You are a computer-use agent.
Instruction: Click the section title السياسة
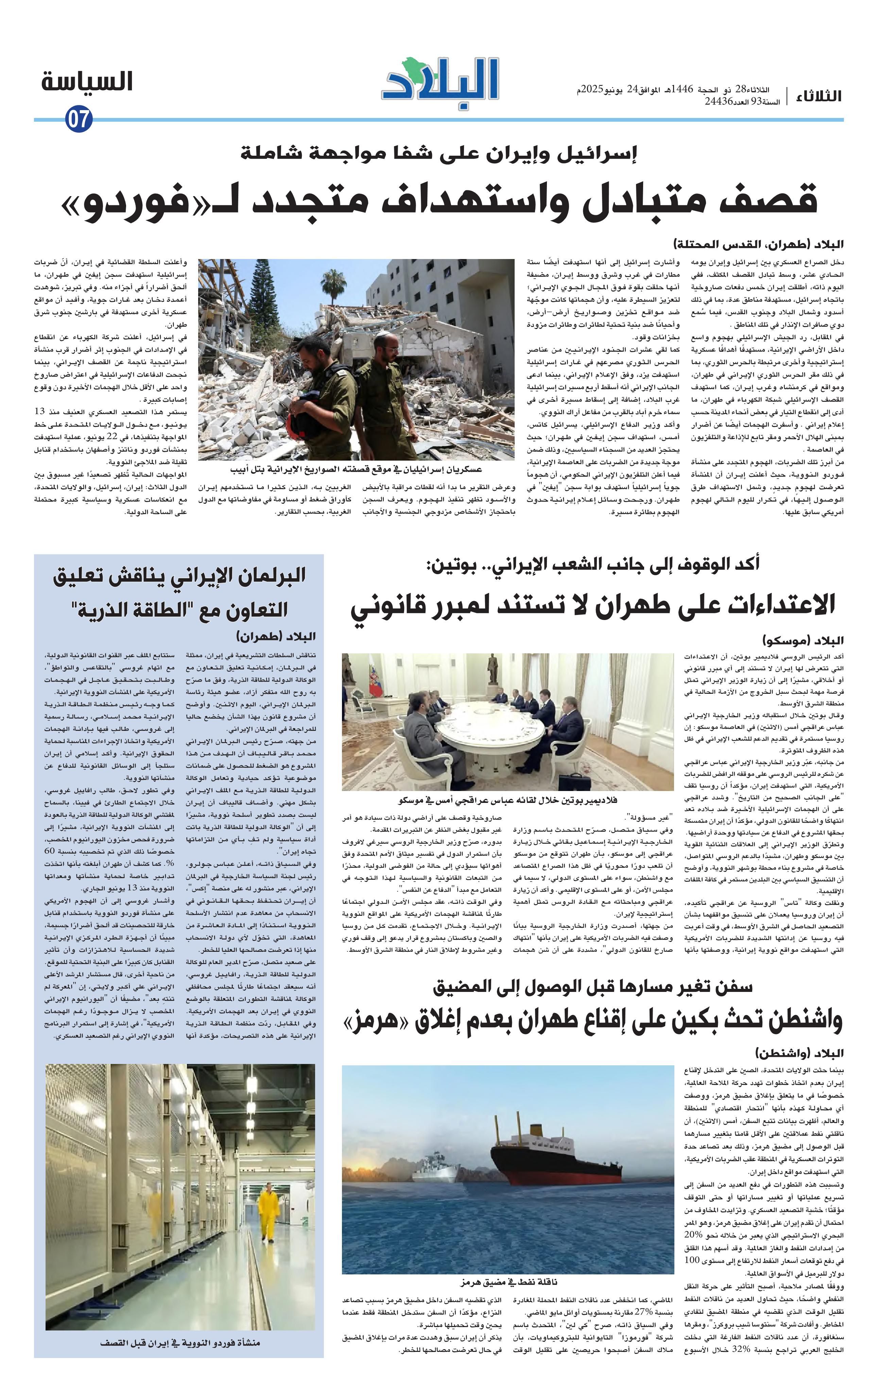pyautogui.click(x=87, y=82)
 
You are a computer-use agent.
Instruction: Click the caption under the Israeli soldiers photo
pyautogui.click(x=356, y=469)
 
